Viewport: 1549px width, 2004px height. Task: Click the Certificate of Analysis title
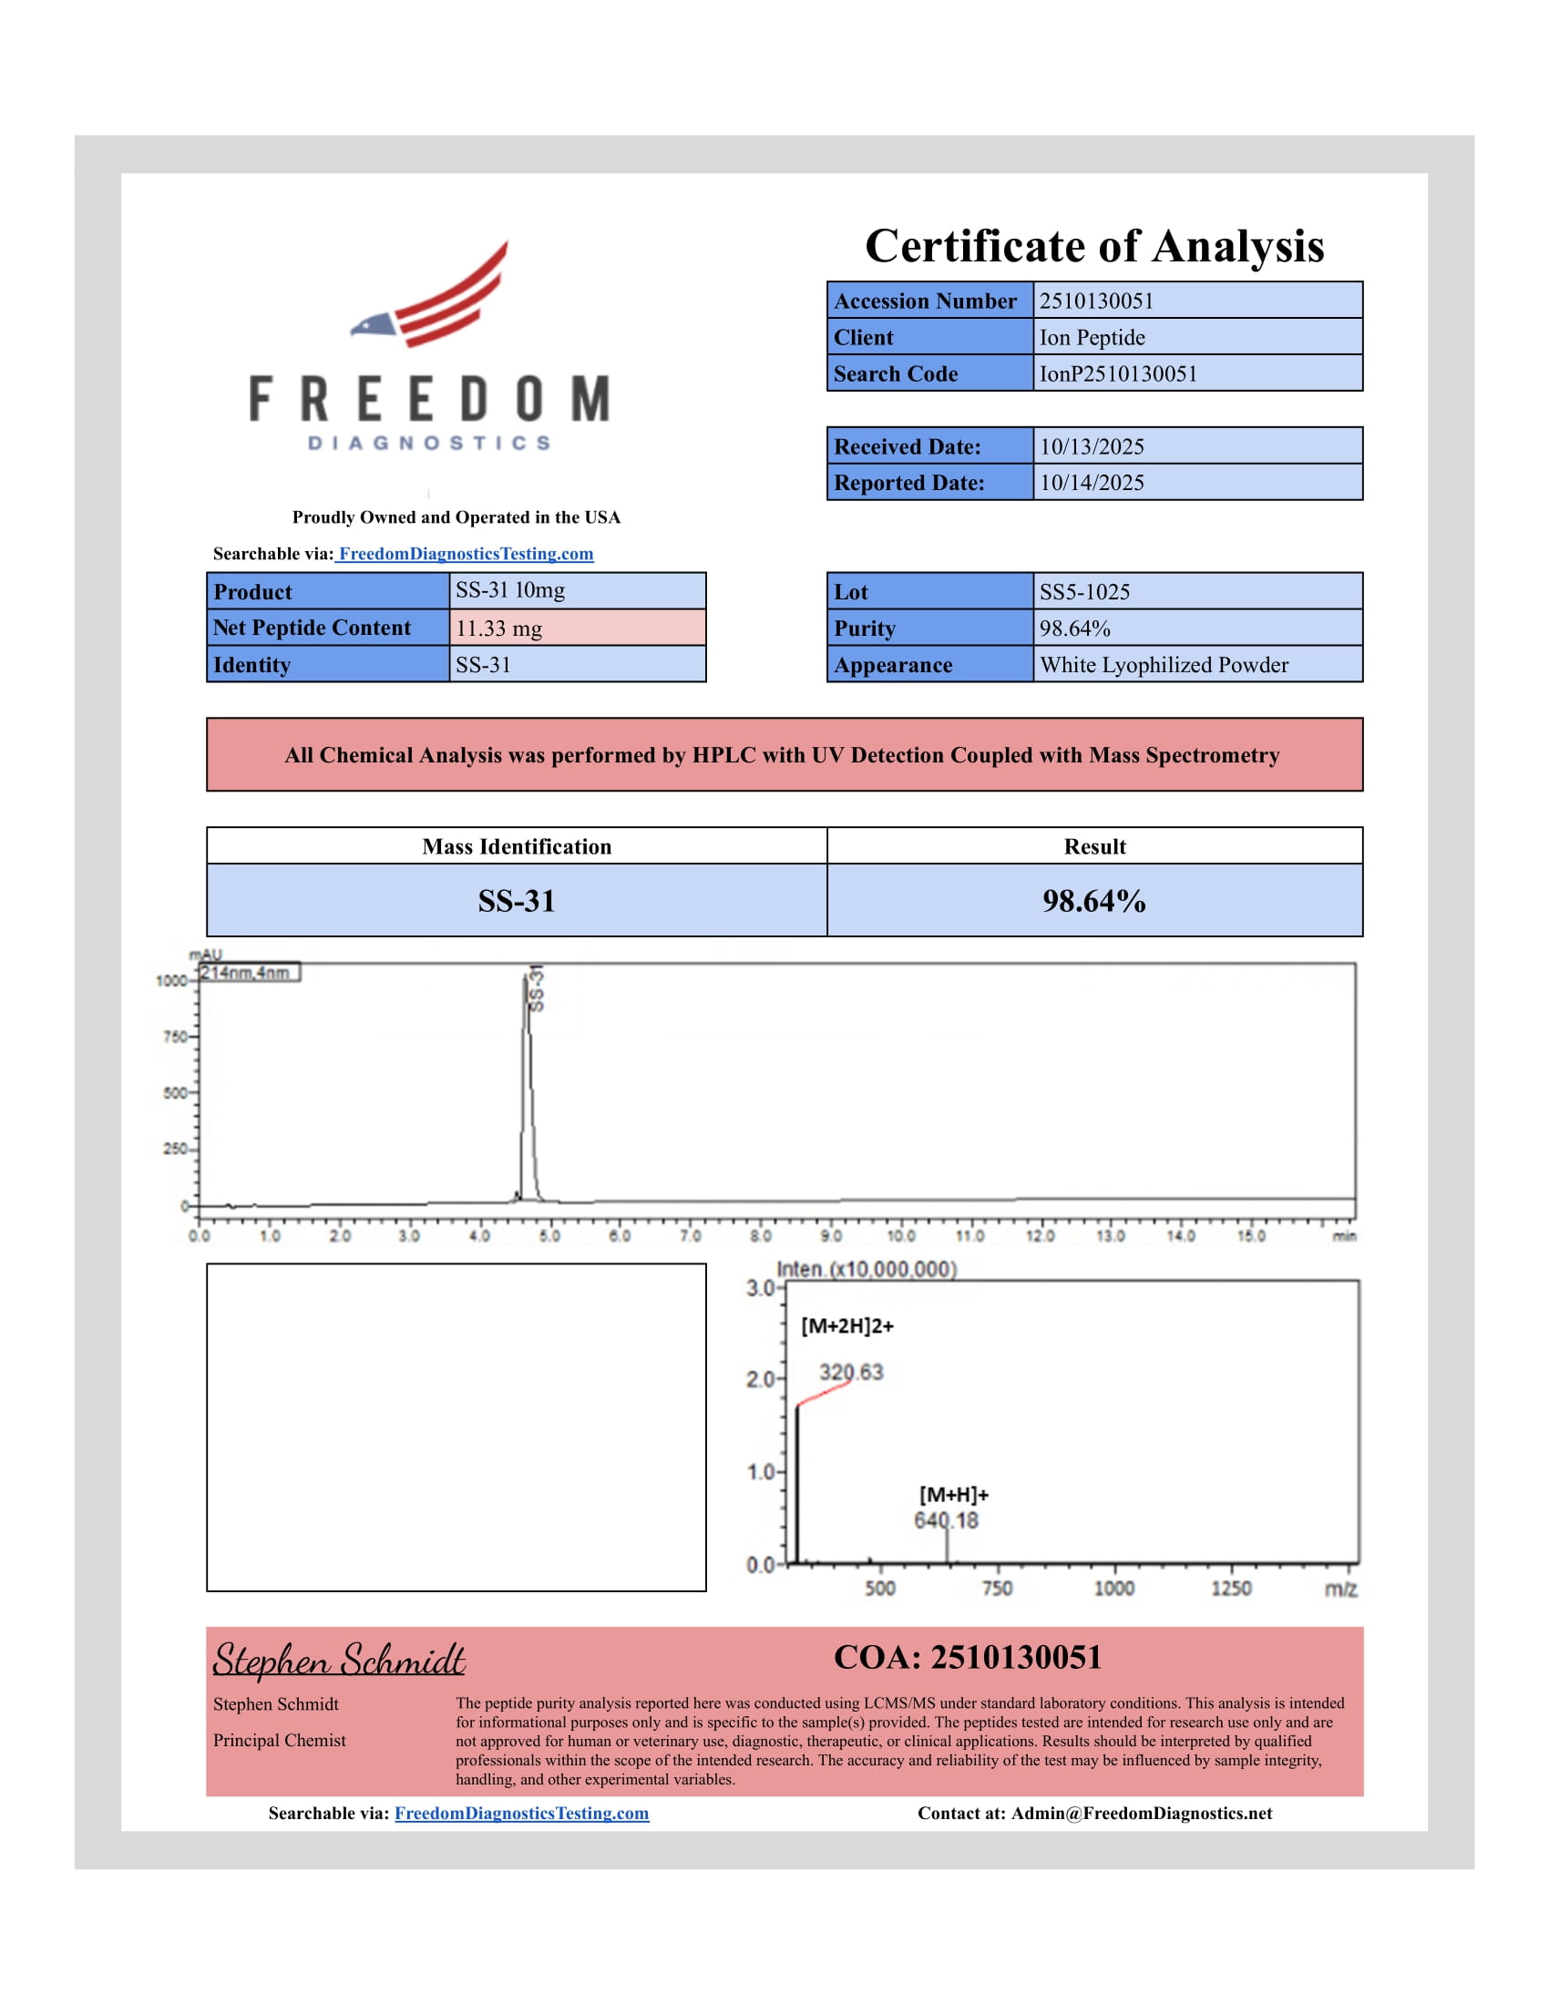pyautogui.click(x=1093, y=246)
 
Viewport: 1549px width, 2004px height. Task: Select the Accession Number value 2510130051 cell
pyautogui.click(x=1196, y=301)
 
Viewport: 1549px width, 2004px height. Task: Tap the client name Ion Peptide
pyautogui.click(x=1092, y=338)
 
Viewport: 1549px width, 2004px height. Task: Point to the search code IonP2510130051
pyautogui.click(x=1118, y=373)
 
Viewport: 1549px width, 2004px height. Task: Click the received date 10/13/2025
pyautogui.click(x=1092, y=447)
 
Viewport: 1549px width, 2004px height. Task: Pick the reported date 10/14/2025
pyautogui.click(x=1092, y=483)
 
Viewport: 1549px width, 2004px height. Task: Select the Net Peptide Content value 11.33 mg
pyautogui.click(x=499, y=629)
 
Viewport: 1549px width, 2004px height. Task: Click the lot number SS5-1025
pyautogui.click(x=1084, y=592)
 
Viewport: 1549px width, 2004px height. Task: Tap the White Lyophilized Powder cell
pyautogui.click(x=1164, y=665)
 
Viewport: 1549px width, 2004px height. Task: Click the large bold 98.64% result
pyautogui.click(x=1093, y=901)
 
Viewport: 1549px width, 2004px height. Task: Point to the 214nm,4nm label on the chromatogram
pyautogui.click(x=246, y=973)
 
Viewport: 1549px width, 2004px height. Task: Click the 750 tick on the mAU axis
pyautogui.click(x=174, y=1037)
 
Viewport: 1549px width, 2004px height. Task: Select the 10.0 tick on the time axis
pyautogui.click(x=901, y=1236)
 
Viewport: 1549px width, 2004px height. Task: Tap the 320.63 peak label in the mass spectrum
pyautogui.click(x=851, y=1373)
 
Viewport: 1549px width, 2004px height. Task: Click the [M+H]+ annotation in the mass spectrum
pyautogui.click(x=953, y=1495)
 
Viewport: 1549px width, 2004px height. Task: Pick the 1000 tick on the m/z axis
pyautogui.click(x=1114, y=1589)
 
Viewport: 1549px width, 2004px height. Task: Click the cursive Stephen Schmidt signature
pyautogui.click(x=340, y=1660)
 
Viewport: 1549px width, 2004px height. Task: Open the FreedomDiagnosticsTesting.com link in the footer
pyautogui.click(x=521, y=1813)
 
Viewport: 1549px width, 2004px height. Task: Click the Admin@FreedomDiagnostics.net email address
pyautogui.click(x=1142, y=1813)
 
